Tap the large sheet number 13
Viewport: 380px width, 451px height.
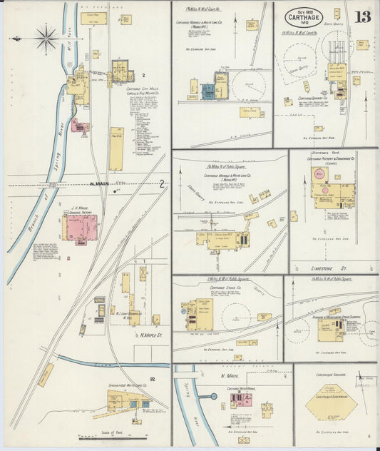point(362,16)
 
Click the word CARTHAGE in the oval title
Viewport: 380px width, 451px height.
point(304,16)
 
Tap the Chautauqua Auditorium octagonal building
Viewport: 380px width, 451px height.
point(332,403)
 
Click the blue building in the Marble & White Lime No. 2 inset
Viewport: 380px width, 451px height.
point(208,91)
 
